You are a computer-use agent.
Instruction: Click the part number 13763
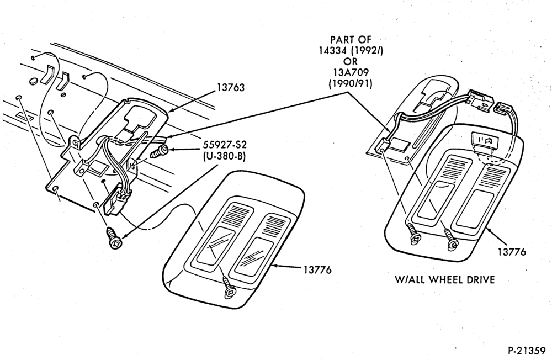click(230, 87)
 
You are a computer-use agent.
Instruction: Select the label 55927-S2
click(224, 145)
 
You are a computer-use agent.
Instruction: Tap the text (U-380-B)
click(224, 156)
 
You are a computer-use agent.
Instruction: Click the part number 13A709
click(351, 72)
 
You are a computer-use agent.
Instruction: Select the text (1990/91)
click(351, 84)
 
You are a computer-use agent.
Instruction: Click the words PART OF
click(351, 39)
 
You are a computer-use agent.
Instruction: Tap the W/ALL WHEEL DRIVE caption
click(444, 280)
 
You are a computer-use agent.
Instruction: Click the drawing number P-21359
click(526, 351)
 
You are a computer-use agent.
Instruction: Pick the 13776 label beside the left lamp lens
click(317, 270)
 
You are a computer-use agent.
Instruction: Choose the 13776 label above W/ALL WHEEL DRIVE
click(512, 252)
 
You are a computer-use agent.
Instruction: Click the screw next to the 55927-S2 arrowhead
click(160, 152)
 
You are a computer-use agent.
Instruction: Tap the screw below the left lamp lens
click(229, 289)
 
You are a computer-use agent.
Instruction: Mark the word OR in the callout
click(351, 62)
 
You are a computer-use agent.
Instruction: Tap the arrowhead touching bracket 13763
click(171, 110)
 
